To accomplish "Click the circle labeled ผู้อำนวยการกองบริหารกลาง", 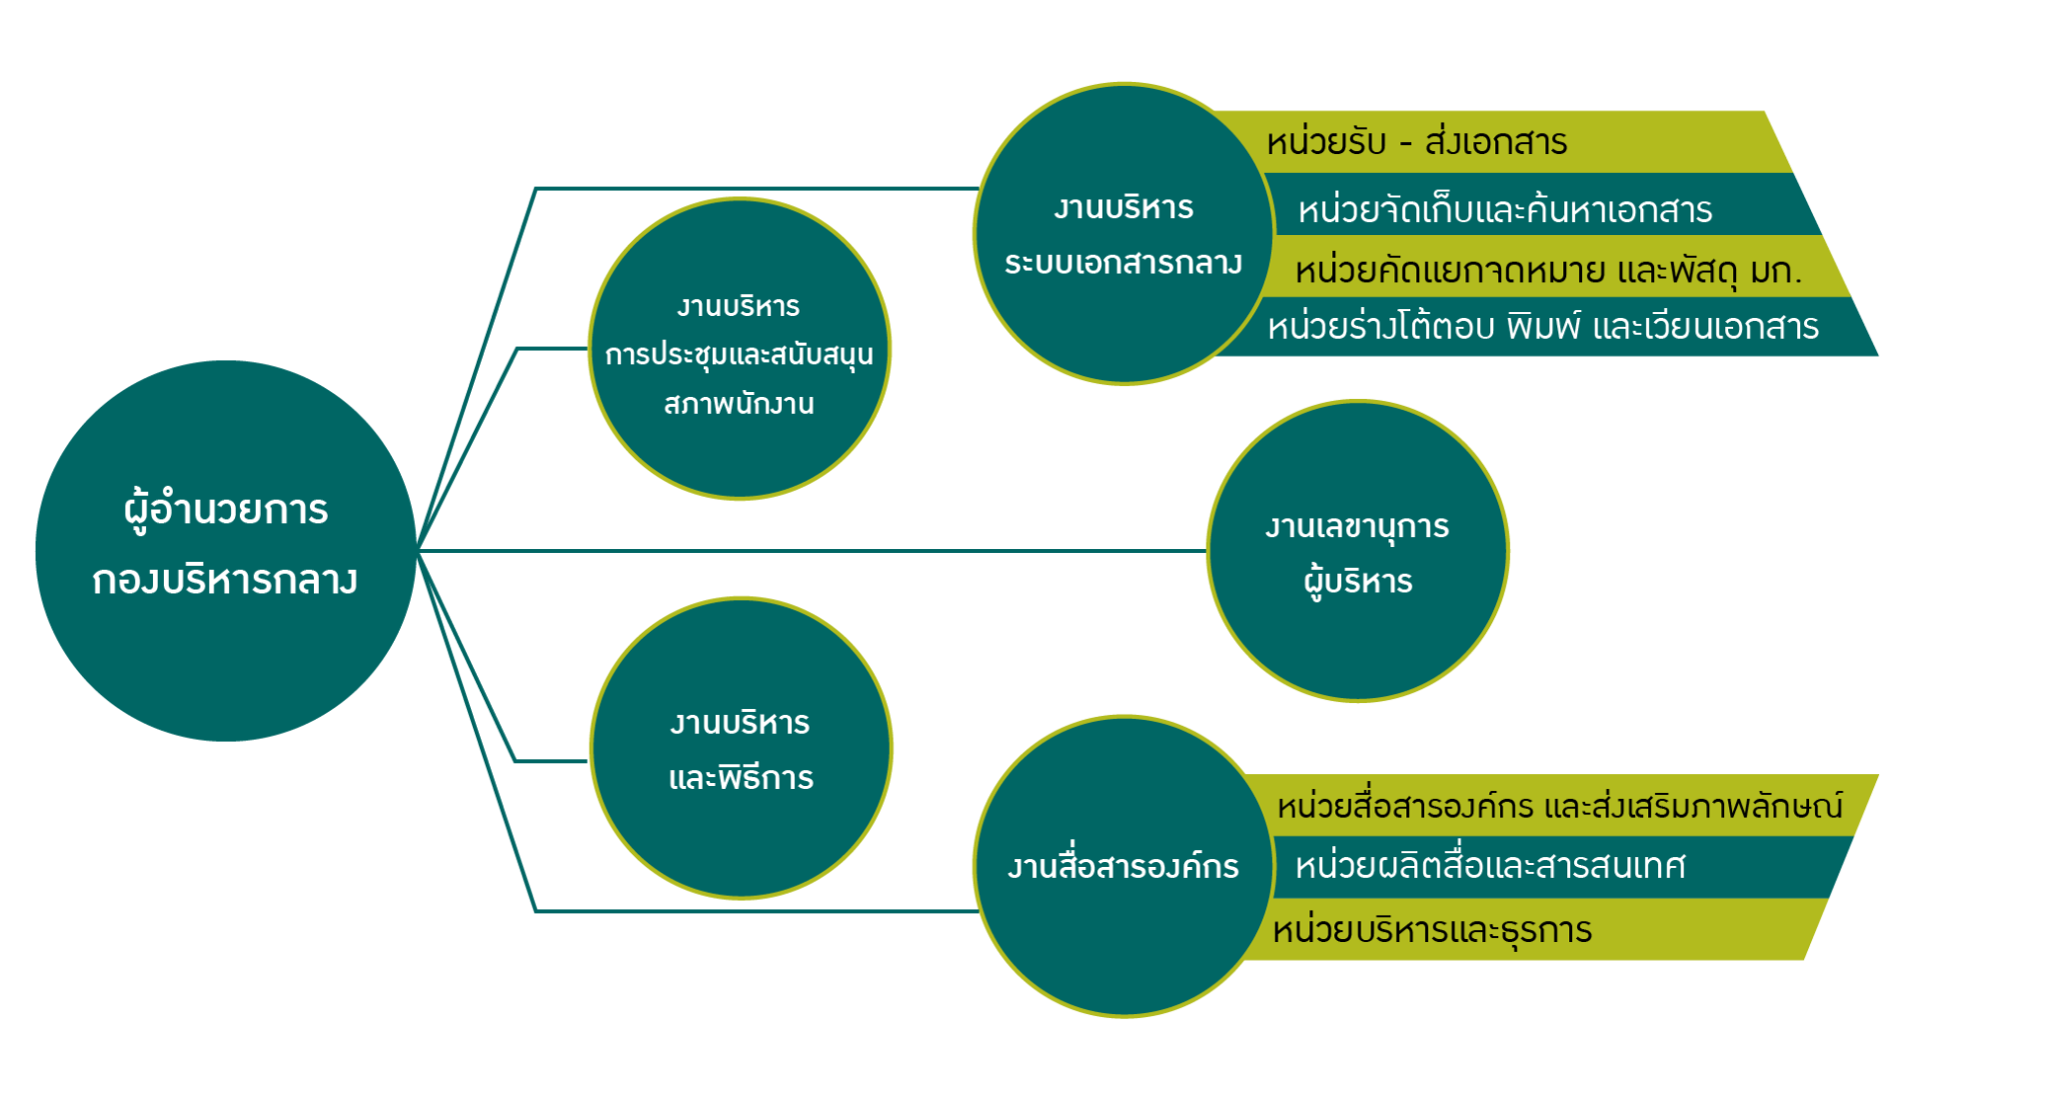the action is point(226,551).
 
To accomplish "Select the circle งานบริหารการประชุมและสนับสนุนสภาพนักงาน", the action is point(740,348).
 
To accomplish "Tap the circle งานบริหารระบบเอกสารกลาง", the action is point(1123,233).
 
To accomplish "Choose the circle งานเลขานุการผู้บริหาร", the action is point(1358,551).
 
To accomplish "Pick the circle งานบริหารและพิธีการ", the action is point(741,748).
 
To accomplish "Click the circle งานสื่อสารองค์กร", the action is point(1124,866).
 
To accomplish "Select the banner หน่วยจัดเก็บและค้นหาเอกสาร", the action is point(1539,205).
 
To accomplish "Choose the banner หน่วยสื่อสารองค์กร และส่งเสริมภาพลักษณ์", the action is point(1559,805).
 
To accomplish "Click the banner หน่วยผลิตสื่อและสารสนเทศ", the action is point(1559,867).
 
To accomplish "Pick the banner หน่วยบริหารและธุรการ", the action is point(1529,929).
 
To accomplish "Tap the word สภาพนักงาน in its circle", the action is point(739,404).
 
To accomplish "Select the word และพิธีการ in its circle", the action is point(741,777).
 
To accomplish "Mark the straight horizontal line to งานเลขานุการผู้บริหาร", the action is point(813,550).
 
